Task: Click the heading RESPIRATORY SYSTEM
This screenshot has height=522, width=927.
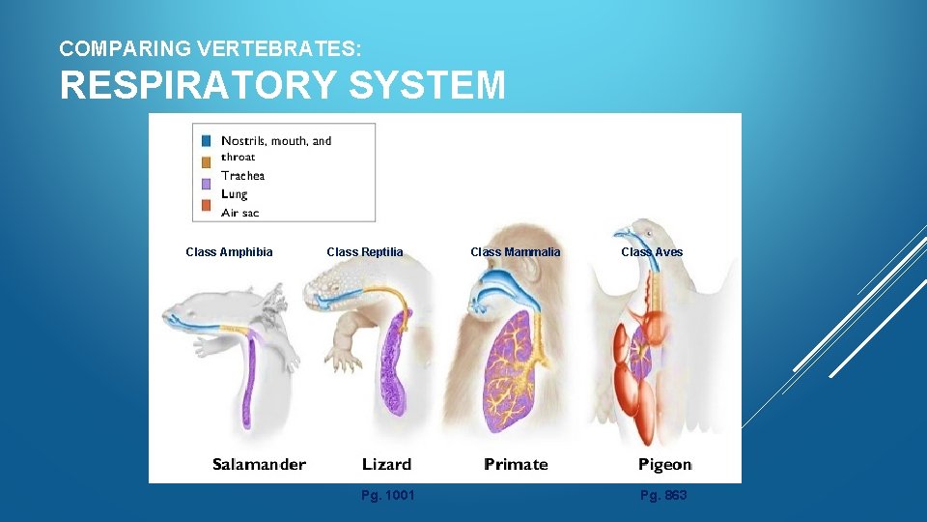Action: click(x=282, y=85)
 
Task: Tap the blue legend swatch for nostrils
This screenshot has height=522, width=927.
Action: click(x=205, y=141)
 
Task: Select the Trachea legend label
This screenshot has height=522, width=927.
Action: click(x=242, y=175)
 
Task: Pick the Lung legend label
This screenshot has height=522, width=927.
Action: click(x=234, y=193)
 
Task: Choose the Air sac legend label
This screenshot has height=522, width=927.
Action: click(x=239, y=212)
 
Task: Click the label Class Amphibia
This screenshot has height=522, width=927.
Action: click(x=229, y=252)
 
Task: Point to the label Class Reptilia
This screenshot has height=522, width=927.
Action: click(x=365, y=252)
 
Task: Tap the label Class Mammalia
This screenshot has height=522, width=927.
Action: click(x=515, y=252)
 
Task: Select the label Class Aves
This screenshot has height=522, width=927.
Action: click(x=652, y=252)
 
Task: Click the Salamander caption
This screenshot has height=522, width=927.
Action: click(x=259, y=465)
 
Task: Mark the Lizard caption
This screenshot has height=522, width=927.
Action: click(x=386, y=465)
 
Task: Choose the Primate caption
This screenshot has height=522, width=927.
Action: click(x=516, y=465)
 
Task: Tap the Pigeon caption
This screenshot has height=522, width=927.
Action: click(x=664, y=465)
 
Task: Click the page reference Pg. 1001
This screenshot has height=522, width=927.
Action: click(x=387, y=496)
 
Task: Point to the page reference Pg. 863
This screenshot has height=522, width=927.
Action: click(x=663, y=496)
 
